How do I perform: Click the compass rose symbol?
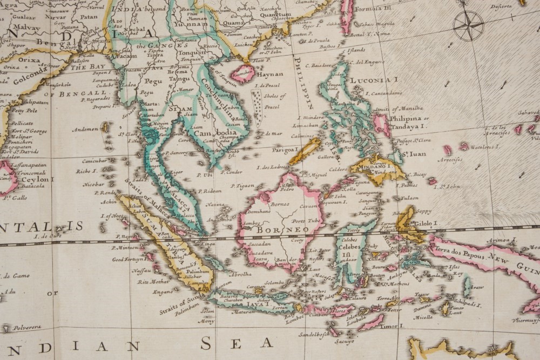point(468,25)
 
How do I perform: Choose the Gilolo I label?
point(427,223)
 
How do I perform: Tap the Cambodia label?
point(214,133)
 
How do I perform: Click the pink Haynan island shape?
point(242,73)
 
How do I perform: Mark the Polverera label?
point(28,328)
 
